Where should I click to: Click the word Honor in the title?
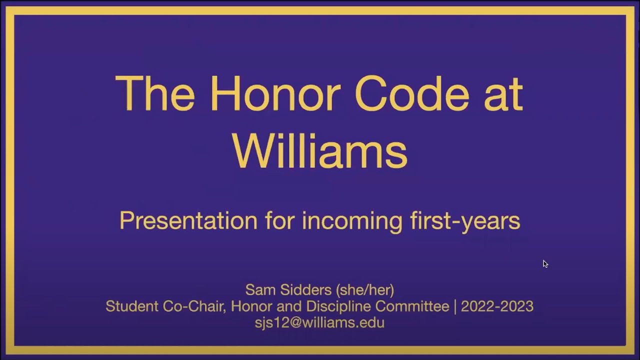tap(271, 93)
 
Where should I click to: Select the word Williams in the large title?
tap(320, 150)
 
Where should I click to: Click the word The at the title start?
tap(154, 93)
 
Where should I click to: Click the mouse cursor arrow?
tap(545, 263)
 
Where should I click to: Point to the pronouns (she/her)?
tap(365, 289)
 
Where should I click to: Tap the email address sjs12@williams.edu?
tap(319, 322)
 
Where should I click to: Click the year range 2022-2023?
tap(497, 306)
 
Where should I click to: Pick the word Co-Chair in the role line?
tap(192, 306)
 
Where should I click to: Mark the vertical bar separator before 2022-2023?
tap(455, 306)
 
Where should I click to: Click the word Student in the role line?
tap(132, 306)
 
